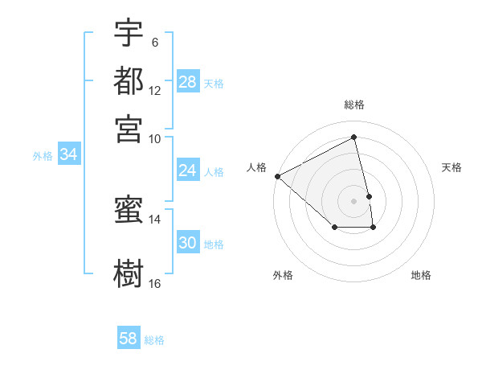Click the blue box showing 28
pyautogui.click(x=187, y=82)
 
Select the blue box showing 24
pyautogui.click(x=187, y=171)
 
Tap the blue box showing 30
pyautogui.click(x=187, y=244)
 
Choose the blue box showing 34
pyautogui.click(x=68, y=154)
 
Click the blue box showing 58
pyautogui.click(x=129, y=339)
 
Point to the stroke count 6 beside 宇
pyautogui.click(x=154, y=43)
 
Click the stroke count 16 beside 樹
pyautogui.click(x=154, y=283)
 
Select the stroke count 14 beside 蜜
pyautogui.click(x=154, y=219)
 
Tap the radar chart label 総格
pyautogui.click(x=354, y=105)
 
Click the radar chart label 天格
pyautogui.click(x=452, y=167)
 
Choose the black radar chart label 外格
pyautogui.click(x=283, y=275)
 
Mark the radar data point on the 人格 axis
pyautogui.click(x=277, y=176)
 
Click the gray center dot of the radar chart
pyautogui.click(x=354, y=201)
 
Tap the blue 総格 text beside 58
pyautogui.click(x=154, y=340)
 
